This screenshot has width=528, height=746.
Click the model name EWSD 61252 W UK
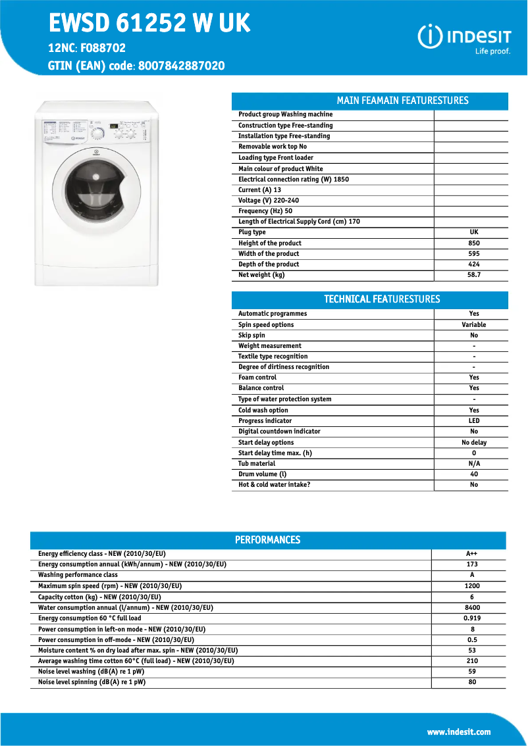click(149, 24)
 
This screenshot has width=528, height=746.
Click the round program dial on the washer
click(97, 134)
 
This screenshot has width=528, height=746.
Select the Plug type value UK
click(473, 232)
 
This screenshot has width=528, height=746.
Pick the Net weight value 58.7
click(473, 275)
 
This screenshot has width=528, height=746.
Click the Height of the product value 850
click(473, 243)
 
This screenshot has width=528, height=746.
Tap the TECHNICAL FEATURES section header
click(382, 299)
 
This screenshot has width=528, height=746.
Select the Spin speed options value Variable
click(473, 325)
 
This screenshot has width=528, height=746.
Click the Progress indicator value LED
click(473, 421)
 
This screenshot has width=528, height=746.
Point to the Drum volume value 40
click(473, 474)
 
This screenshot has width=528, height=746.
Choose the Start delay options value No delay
click(473, 443)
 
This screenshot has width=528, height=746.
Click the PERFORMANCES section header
click(267, 540)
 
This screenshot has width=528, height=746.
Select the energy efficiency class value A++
click(471, 554)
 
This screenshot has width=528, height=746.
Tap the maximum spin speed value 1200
click(471, 586)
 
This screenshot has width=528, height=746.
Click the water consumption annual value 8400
click(471, 608)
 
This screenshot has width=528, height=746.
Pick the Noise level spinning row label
click(92, 683)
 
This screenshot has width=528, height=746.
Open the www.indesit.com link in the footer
click(458, 732)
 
